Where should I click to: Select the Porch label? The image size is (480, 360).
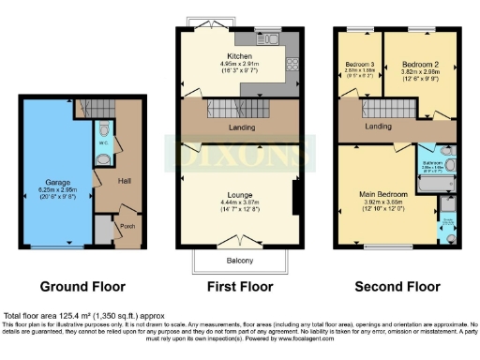126,227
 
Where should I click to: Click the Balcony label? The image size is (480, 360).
240,260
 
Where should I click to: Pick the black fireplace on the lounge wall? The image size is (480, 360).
295,198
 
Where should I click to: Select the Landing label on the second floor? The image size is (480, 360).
379,126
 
